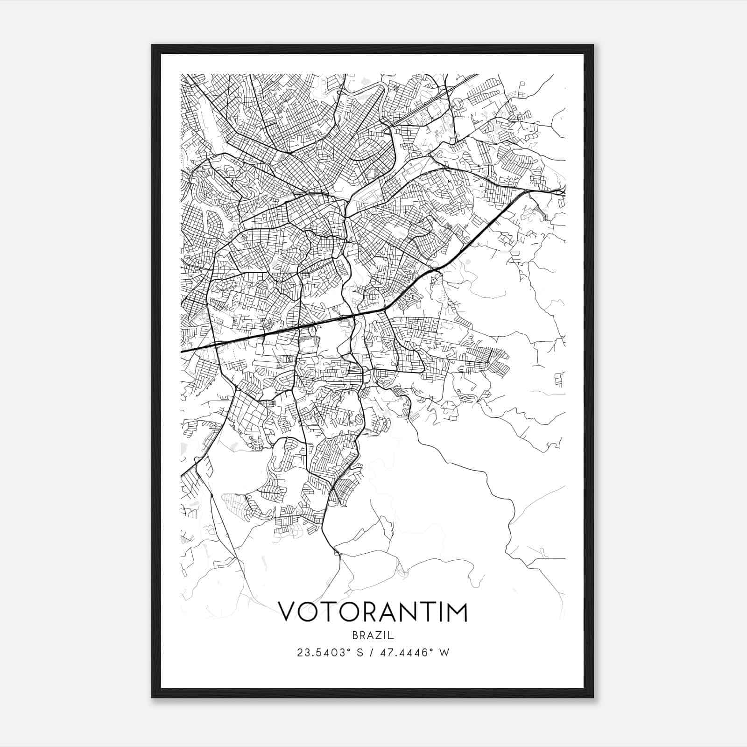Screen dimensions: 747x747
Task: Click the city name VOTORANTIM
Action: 373,612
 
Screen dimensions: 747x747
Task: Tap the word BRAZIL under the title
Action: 373,635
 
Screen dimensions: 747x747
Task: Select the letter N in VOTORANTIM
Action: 404,612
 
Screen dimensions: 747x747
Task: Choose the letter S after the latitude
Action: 359,653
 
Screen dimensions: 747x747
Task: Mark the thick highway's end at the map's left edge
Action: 182,351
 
